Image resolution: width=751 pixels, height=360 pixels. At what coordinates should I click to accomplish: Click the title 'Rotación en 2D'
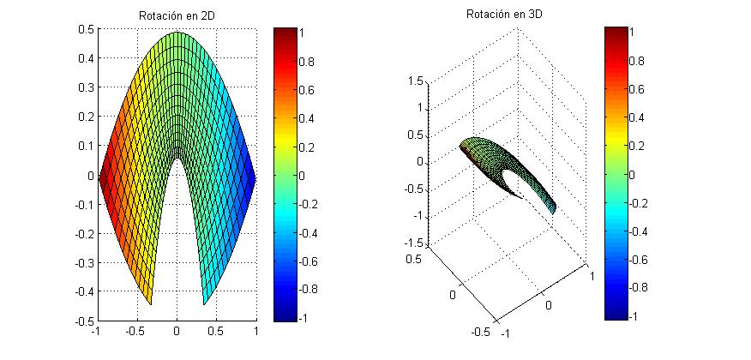click(x=177, y=17)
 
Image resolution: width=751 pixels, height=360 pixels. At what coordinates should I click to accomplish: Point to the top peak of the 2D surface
click(x=177, y=33)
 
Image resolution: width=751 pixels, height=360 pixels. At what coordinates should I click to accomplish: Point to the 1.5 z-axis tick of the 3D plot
click(x=416, y=81)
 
